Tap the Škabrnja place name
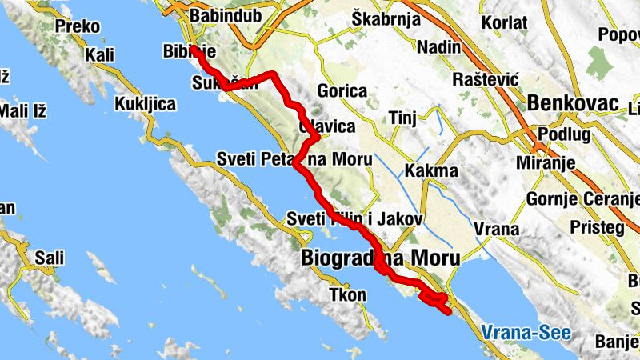coord(386,18)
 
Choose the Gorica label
coord(342,91)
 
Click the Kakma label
coord(431,170)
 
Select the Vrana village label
coord(496,230)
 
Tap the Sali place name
coord(49,258)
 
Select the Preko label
coord(78,26)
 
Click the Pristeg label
coord(596,227)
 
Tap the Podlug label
coord(564,134)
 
